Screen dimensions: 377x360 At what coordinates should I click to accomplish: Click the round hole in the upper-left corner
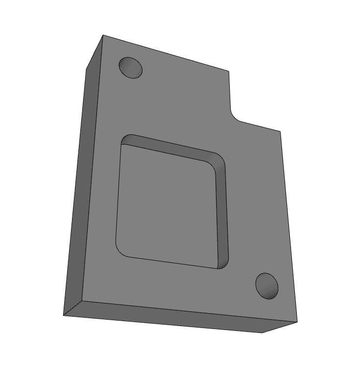point(131,68)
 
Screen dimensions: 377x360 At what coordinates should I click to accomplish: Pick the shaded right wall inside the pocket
point(222,211)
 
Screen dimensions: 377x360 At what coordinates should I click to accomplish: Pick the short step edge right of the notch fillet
point(260,126)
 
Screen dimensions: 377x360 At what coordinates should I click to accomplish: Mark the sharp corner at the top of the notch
point(229,72)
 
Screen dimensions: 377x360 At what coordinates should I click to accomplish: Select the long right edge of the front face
point(288,226)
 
